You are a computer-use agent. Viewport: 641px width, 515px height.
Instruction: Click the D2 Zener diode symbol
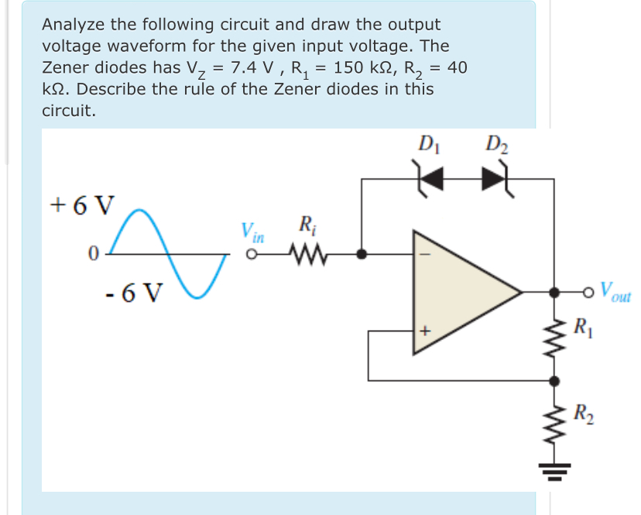coord(494,179)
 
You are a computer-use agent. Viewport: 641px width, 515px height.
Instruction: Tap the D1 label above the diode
coord(427,143)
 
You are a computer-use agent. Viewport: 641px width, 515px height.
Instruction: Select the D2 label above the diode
coord(495,143)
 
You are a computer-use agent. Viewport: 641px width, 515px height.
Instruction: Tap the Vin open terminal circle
coord(252,254)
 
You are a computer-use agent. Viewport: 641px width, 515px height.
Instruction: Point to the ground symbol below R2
coord(554,468)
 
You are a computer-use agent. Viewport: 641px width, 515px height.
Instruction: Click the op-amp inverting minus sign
coord(424,252)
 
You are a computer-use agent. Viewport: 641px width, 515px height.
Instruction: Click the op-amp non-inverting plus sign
coord(424,331)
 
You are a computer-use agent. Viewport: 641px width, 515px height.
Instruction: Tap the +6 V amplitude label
coord(81,204)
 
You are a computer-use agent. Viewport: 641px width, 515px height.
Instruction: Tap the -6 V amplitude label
coord(133,294)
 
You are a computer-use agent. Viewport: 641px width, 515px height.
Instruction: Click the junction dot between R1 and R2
coord(554,380)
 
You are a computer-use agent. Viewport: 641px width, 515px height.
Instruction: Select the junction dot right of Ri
coord(362,253)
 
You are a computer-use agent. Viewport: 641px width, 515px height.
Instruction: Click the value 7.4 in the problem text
coord(235,67)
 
